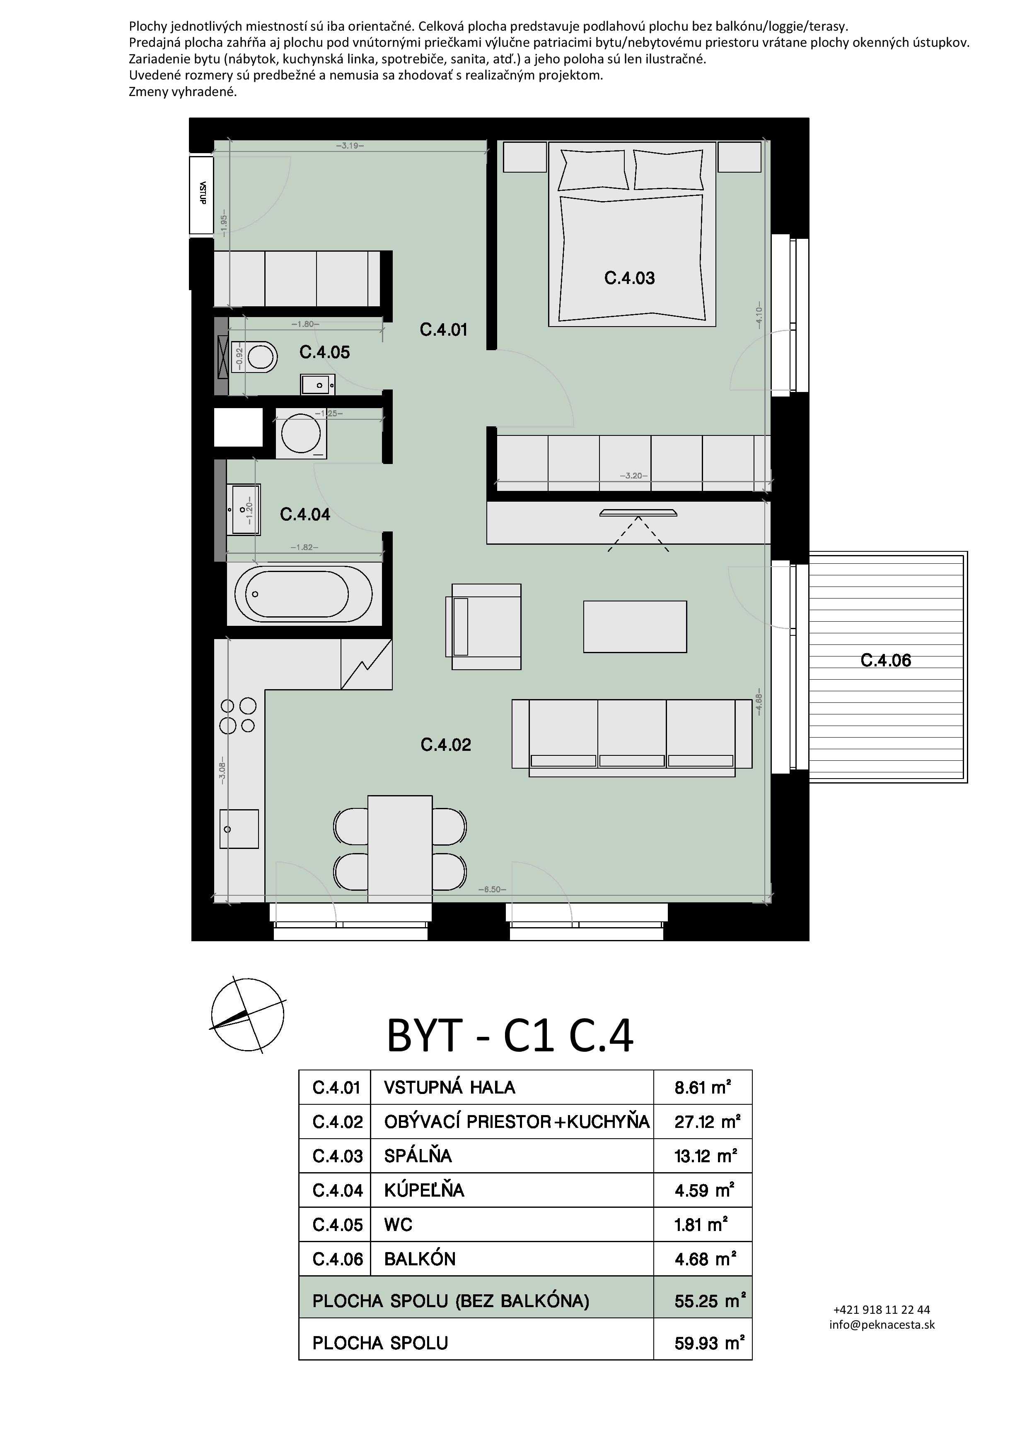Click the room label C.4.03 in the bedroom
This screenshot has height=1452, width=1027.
click(630, 278)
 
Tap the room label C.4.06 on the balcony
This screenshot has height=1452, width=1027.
click(886, 661)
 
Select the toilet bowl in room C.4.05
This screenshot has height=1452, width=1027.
click(261, 357)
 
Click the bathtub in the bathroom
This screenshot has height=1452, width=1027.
click(304, 594)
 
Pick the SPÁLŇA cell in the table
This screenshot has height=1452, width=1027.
click(418, 1156)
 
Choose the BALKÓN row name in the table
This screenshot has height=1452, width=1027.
click(420, 1259)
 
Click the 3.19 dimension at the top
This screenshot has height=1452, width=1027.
click(350, 145)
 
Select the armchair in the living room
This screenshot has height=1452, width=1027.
click(483, 627)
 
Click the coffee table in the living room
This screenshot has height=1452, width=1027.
click(635, 627)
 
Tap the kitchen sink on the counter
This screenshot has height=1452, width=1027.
click(239, 829)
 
